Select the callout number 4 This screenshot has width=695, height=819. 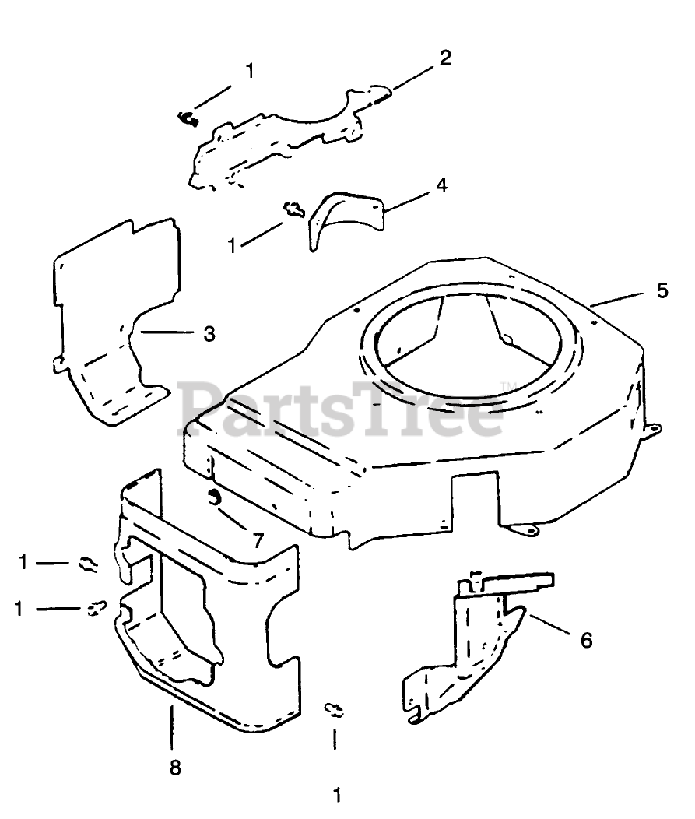click(x=441, y=187)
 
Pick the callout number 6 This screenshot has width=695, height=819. click(x=586, y=640)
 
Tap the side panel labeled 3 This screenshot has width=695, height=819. click(x=117, y=311)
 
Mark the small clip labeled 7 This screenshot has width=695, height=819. click(x=214, y=498)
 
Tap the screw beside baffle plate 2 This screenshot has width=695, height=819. click(x=187, y=118)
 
